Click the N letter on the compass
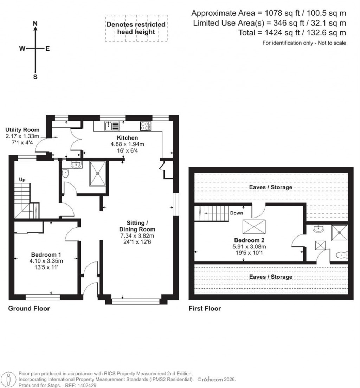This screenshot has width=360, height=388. [35, 23]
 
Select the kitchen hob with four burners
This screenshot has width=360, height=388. [145, 125]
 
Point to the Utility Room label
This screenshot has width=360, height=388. [22, 130]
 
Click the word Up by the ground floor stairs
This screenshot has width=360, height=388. [22, 180]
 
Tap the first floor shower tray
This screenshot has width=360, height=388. [339, 232]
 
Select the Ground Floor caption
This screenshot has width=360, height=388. [29, 309]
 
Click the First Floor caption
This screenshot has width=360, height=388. [205, 309]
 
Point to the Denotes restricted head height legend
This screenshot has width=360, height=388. [136, 28]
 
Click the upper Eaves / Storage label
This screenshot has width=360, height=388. [270, 187]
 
